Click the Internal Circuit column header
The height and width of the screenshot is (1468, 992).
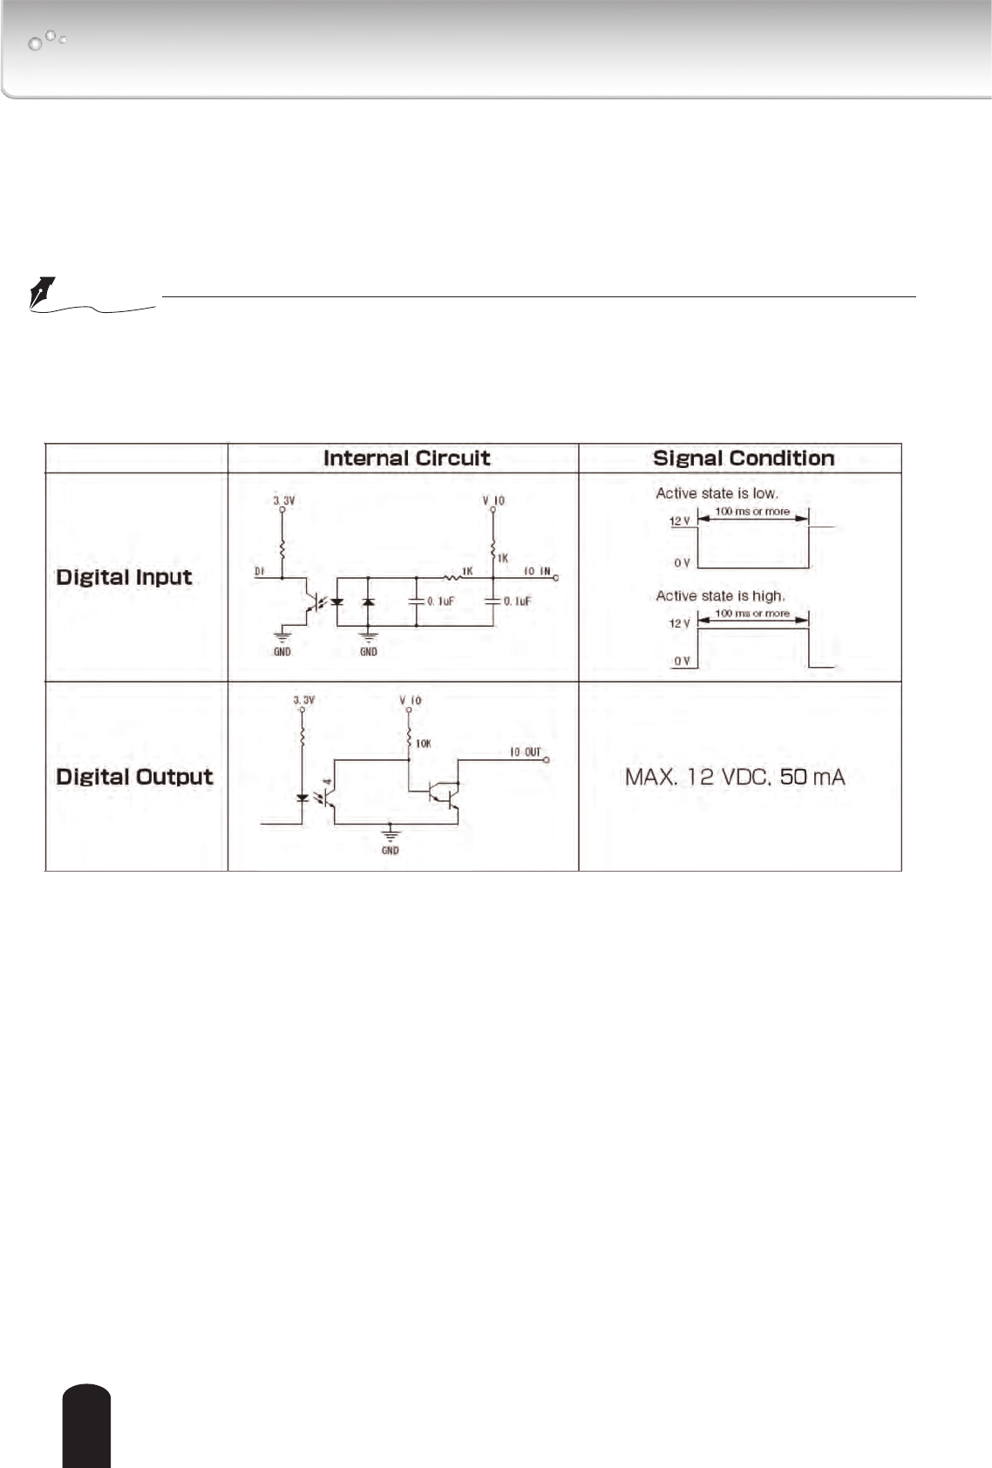406,459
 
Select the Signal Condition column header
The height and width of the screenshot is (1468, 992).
743,459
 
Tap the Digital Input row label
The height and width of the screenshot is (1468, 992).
124,577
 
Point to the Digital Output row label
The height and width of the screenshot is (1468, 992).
134,777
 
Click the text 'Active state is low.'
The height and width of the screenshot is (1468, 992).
717,493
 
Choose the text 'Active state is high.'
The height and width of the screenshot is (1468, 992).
720,596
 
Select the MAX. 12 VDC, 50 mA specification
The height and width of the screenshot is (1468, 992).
735,777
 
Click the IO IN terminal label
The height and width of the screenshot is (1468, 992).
537,572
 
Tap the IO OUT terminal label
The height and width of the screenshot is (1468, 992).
525,752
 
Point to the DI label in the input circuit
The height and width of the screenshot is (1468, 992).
259,572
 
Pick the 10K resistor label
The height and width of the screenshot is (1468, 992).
423,744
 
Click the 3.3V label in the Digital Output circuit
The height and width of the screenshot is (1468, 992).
303,700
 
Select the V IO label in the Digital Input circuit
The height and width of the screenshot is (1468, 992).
493,500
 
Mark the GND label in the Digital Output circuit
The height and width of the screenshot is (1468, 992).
390,850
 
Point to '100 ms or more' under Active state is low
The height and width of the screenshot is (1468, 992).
752,512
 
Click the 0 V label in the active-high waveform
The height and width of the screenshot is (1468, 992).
682,662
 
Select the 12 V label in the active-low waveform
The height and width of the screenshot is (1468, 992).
680,521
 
